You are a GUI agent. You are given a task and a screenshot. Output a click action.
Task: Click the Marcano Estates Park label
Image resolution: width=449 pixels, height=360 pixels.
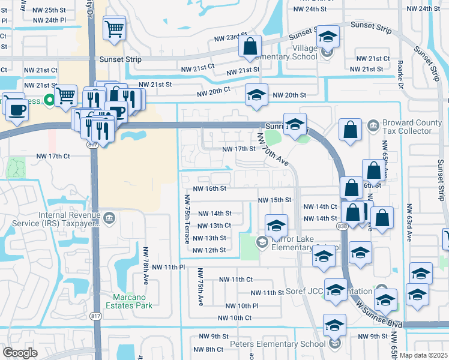tap(133, 301)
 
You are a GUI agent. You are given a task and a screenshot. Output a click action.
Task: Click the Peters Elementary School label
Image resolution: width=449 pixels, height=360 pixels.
tap(278, 344)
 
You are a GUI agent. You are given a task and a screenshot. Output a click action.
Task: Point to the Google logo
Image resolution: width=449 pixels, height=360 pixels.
tap(20, 353)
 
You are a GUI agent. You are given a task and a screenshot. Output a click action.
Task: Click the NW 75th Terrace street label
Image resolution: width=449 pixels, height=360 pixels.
tap(187, 218)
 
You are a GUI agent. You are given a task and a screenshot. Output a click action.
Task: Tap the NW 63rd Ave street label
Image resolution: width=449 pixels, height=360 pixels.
tap(409, 223)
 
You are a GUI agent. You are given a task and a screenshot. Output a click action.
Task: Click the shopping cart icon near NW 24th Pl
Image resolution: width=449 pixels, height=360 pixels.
tap(113, 28)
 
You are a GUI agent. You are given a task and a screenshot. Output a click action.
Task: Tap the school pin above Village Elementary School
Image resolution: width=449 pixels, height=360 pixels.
tap(328, 38)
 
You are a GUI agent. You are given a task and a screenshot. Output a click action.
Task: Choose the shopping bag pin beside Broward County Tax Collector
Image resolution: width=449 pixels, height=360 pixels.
tap(350, 129)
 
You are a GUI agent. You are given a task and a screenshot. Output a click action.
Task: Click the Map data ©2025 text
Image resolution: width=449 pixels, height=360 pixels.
tap(423, 355)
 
